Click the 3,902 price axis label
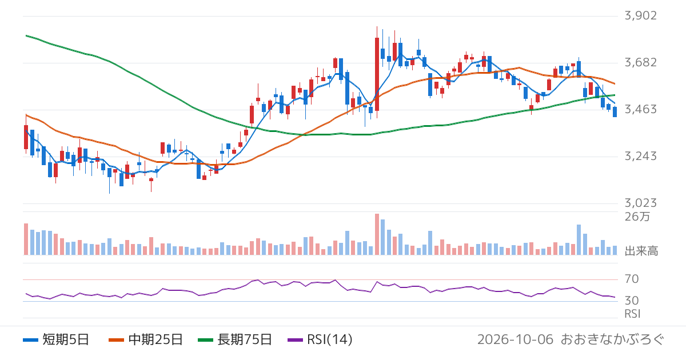(641, 15)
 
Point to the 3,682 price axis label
(641, 62)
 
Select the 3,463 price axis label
(641, 109)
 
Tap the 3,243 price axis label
(641, 157)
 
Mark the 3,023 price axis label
(641, 203)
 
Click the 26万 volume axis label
(637, 217)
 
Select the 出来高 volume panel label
(641, 251)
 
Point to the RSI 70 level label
(632, 279)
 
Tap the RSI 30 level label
(632, 301)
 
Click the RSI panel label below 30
(632, 314)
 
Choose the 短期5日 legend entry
(56, 339)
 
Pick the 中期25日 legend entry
(146, 339)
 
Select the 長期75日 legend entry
(235, 339)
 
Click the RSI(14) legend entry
(320, 339)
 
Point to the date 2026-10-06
(516, 339)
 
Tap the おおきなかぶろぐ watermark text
(612, 339)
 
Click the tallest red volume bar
(377, 234)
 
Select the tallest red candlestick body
(377, 74)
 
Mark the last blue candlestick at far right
(615, 112)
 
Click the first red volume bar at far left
(26, 239)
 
